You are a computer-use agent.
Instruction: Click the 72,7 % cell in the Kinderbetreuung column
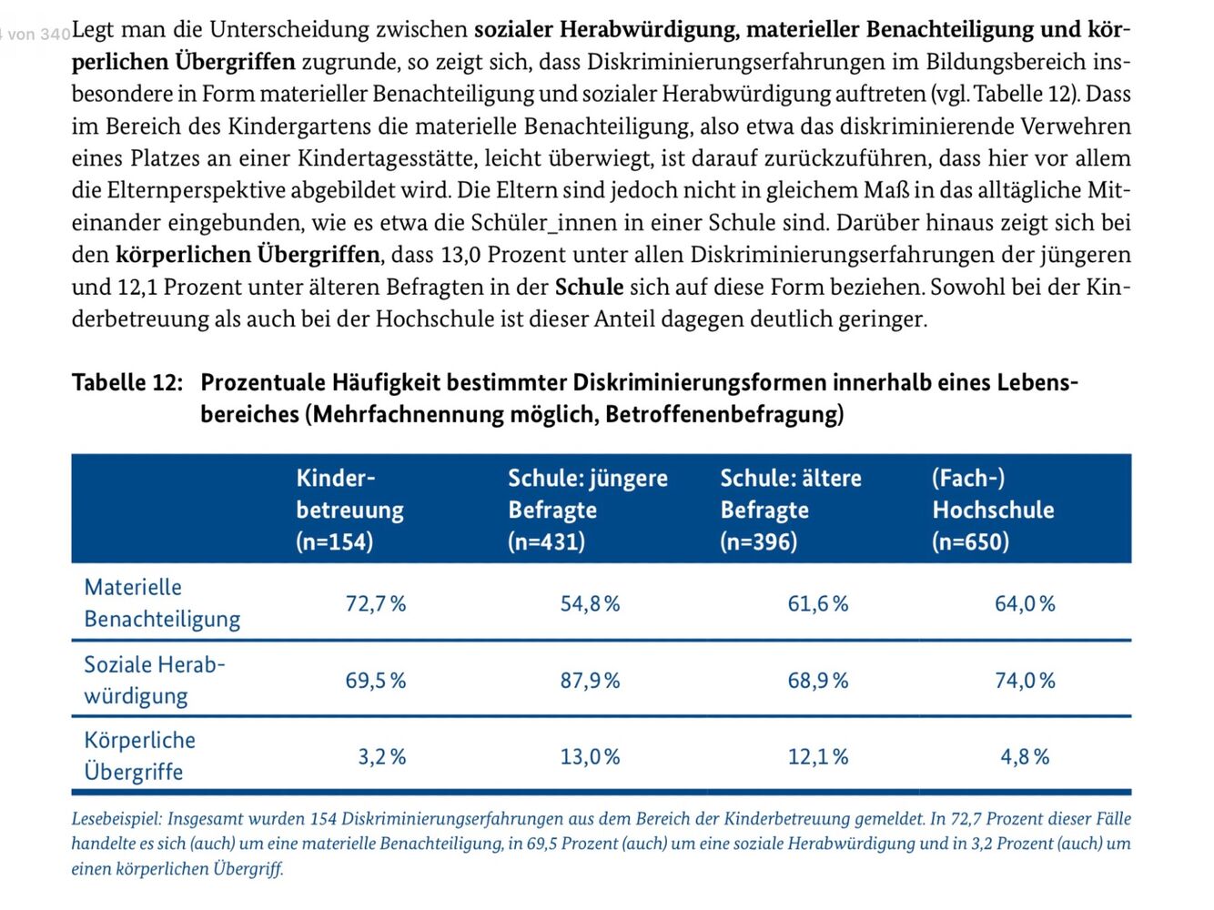coord(376,603)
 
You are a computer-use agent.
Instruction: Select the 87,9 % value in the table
coord(590,681)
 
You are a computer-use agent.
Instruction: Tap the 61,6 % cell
coord(818,603)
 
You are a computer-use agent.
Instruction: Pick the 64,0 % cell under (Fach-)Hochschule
coord(1025,603)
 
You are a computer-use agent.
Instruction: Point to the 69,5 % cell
coord(376,681)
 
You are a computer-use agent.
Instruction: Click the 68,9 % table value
coord(818,681)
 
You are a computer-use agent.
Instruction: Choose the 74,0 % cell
coord(1025,681)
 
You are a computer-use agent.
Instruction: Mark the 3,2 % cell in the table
coord(382,757)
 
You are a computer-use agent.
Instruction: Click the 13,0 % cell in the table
coord(590,757)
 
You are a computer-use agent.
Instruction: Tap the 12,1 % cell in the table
coord(818,757)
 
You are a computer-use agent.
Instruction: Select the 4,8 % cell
coord(1025,757)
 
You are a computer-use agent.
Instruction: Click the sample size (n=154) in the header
coord(335,541)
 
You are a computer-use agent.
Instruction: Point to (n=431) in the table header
coord(546,541)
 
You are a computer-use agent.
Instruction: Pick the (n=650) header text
coord(971,541)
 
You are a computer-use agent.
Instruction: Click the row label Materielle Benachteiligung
coord(162,603)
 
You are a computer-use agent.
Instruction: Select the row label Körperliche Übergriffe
coord(139,756)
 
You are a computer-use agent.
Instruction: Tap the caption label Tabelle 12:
coord(127,382)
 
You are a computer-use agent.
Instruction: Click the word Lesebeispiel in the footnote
coord(116,819)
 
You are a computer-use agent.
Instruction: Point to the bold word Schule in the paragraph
coord(589,287)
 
